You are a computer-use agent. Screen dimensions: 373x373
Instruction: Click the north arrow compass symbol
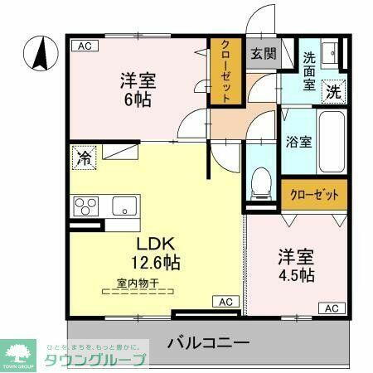coord(38,55)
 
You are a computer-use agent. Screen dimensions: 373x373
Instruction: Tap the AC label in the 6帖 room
coord(82,46)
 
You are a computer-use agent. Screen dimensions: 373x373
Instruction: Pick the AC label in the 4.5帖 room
coord(330,308)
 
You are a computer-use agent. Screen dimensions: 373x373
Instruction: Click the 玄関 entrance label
coord(264,54)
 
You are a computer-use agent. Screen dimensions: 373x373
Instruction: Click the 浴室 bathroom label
coord(298,142)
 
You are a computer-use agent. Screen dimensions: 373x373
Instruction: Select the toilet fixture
coord(262,181)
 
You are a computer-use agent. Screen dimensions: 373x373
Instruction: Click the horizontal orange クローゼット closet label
coord(314,196)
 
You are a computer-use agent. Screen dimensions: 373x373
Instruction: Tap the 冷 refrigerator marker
coord(85,157)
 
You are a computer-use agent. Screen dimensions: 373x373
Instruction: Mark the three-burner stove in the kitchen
coord(86,205)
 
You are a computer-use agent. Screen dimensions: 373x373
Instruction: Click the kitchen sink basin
coord(124,205)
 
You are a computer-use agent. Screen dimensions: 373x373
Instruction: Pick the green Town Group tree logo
coord(17,351)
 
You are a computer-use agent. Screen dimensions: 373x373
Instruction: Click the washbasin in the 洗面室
coord(329,53)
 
